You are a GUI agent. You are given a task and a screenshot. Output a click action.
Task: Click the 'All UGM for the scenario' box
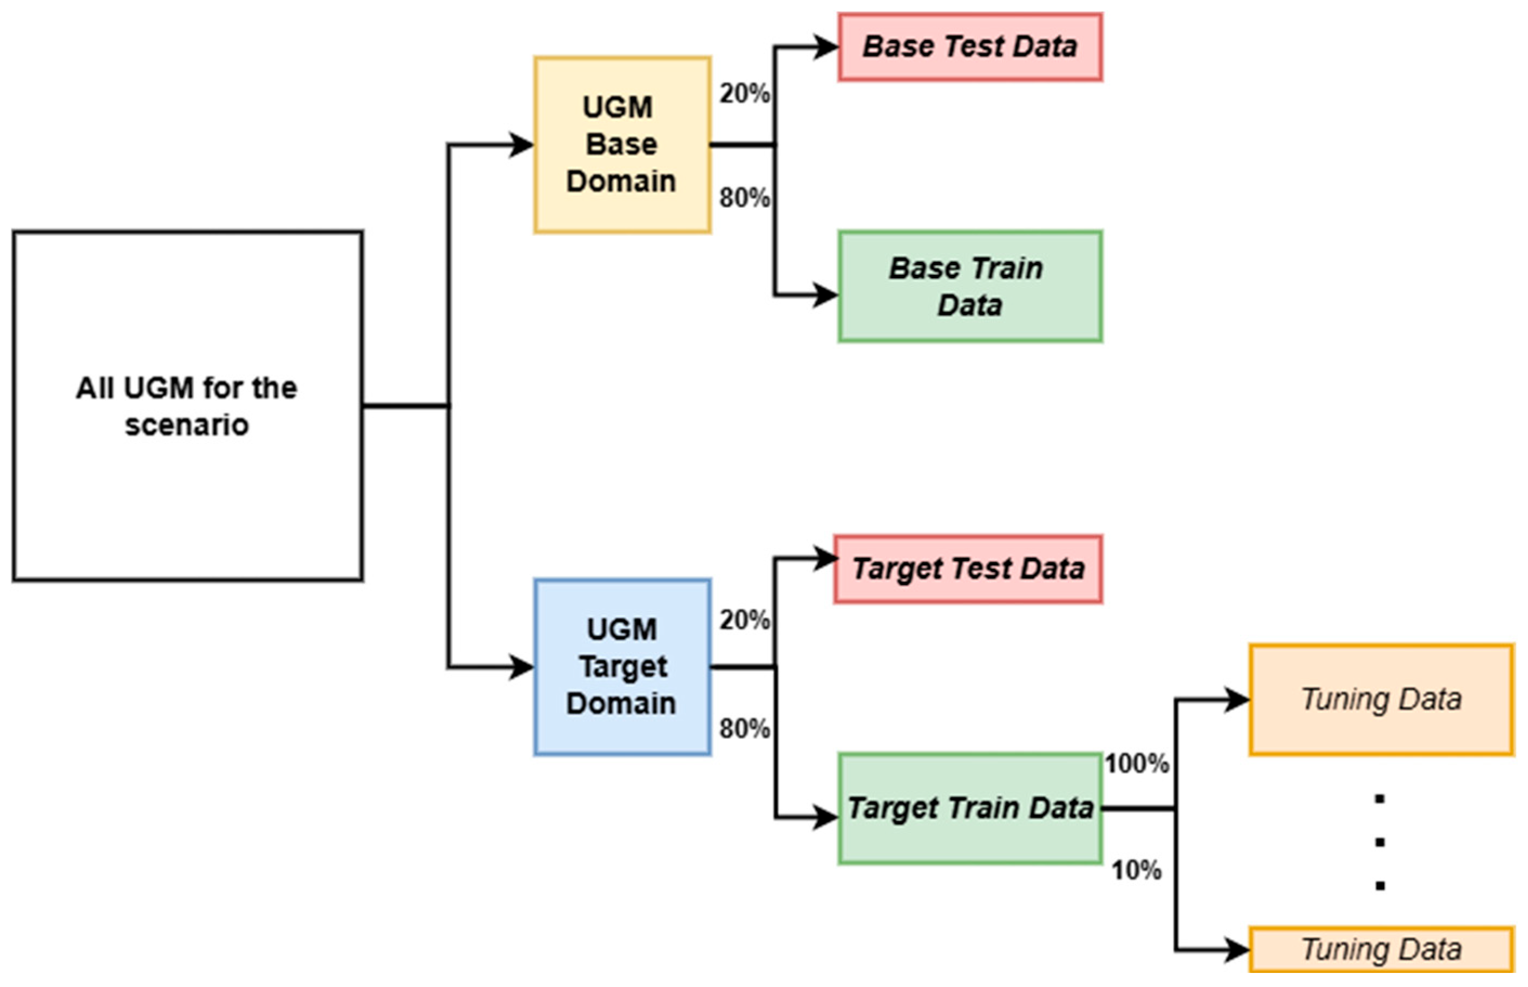tap(188, 406)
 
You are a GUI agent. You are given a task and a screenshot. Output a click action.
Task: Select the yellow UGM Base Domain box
tap(622, 145)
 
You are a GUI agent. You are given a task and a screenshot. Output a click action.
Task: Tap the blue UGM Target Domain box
tap(622, 667)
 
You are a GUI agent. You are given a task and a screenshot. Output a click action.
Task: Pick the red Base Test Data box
tap(970, 47)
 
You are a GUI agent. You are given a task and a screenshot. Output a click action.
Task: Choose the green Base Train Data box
tap(970, 286)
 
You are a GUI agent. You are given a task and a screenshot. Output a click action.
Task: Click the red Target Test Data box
tap(968, 569)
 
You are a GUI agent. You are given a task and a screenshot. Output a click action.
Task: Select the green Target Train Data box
tap(970, 809)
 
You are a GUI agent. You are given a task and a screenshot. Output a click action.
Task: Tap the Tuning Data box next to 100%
tap(1381, 699)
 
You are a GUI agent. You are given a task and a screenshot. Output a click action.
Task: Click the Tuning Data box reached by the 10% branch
tap(1381, 949)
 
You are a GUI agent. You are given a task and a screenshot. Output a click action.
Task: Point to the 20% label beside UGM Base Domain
tap(745, 94)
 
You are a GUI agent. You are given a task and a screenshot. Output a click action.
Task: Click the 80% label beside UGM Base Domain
tap(745, 198)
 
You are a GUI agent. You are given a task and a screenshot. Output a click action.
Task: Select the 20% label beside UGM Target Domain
tap(745, 620)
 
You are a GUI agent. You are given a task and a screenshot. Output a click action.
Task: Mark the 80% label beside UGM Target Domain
tap(745, 729)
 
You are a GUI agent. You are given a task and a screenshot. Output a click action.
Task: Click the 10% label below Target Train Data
tap(1136, 870)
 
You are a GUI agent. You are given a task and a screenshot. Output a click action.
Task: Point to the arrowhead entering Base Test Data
tap(825, 47)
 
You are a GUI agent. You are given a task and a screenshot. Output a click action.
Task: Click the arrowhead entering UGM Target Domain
tap(522, 667)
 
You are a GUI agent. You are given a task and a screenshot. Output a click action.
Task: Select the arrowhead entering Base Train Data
tap(825, 295)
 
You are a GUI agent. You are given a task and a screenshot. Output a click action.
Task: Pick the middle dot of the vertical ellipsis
tap(1380, 842)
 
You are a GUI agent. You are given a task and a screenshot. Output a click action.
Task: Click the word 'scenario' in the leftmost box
tap(187, 425)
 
